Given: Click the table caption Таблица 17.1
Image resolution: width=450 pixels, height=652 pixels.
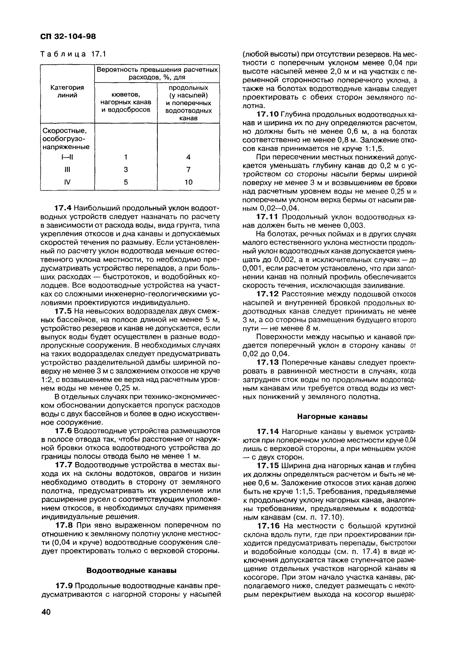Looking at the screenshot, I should [73, 54].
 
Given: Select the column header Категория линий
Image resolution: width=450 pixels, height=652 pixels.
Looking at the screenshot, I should [67, 92].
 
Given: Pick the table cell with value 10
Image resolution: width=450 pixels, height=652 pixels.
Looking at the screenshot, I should [188, 182].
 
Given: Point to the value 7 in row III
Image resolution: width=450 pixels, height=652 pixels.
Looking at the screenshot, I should [188, 170].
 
